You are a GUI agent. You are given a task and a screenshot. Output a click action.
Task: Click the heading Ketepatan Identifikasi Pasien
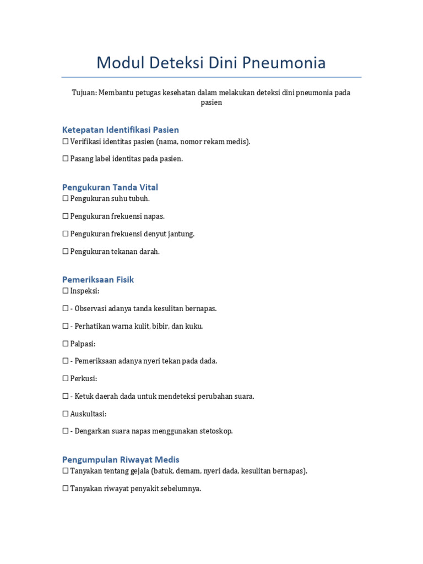coord(120,130)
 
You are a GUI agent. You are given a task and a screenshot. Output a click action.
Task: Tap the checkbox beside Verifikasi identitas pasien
coord(66,142)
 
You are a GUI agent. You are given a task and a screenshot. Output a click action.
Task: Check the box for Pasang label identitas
coord(66,159)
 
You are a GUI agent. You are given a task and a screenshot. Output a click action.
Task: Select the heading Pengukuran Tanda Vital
coord(110,187)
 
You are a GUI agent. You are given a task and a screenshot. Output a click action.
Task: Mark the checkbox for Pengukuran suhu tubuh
coord(66,199)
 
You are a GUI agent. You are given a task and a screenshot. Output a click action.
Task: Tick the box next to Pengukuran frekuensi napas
coord(66,216)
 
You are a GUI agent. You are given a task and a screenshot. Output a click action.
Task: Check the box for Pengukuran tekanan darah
coord(66,252)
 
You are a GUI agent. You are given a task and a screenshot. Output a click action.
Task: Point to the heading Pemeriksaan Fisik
coord(98,280)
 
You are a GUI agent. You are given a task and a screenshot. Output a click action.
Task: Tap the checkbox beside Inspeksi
coord(66,291)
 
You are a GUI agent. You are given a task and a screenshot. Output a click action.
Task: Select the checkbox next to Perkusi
coord(66,379)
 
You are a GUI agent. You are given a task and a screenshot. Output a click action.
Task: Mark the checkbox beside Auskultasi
coord(66,414)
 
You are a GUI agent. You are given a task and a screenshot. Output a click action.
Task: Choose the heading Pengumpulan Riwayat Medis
coord(121,459)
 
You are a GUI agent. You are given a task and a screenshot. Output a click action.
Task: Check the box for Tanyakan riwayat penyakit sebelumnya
coord(66,489)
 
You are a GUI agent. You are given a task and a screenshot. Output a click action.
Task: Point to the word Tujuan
coord(83,93)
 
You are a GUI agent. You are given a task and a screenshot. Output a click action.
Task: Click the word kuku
coord(193,326)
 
